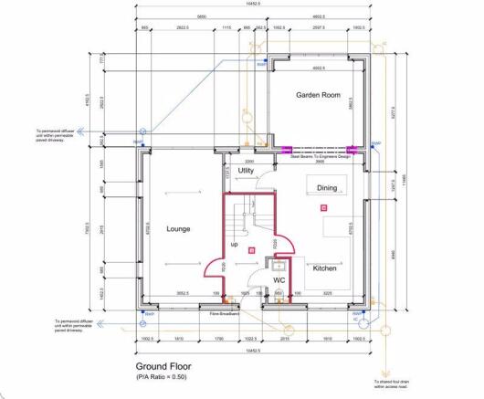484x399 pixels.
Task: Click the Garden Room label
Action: point(317,95)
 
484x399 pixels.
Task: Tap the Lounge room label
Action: point(178,228)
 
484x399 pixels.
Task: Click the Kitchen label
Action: point(325,268)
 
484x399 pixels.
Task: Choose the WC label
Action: point(279,279)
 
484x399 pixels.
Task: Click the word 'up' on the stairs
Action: point(235,246)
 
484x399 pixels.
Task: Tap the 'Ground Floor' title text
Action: point(161,364)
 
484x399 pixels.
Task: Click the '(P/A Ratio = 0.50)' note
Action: point(162,376)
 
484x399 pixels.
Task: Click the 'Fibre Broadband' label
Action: point(225,313)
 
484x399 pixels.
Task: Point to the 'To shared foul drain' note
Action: point(392,383)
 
